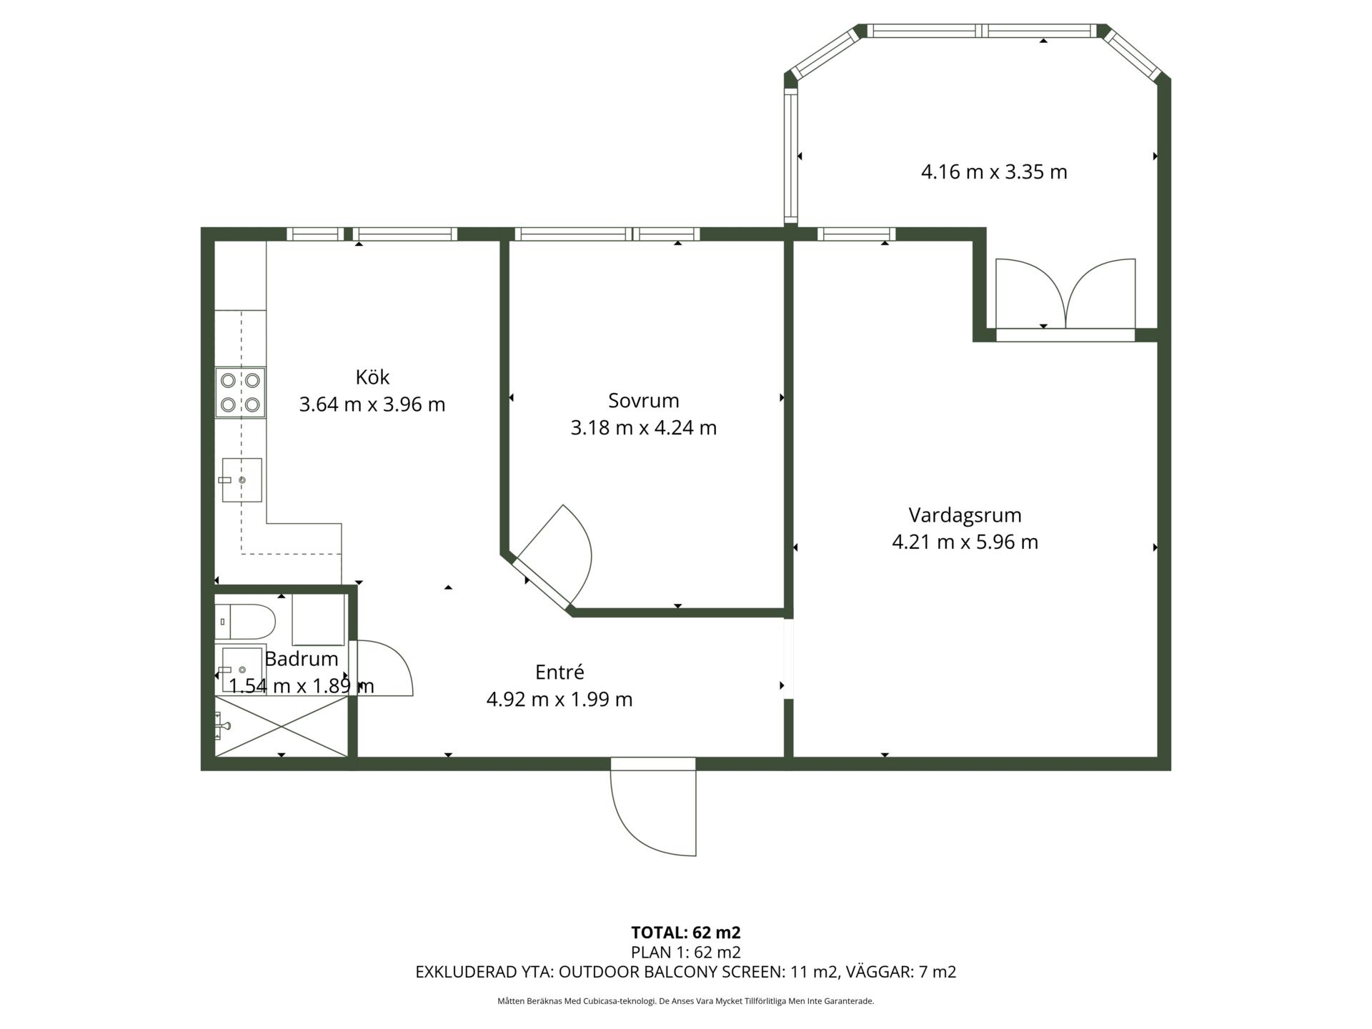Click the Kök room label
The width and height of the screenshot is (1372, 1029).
(x=372, y=377)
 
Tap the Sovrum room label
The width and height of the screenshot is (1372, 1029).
(x=643, y=400)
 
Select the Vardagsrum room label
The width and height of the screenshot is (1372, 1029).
(x=965, y=515)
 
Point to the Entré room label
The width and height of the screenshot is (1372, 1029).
(x=560, y=672)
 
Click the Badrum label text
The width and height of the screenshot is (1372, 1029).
(x=301, y=658)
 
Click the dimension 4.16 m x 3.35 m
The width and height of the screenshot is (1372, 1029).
(x=994, y=172)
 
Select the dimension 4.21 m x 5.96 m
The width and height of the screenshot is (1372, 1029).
(x=965, y=542)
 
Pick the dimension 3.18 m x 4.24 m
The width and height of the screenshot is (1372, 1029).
(x=643, y=427)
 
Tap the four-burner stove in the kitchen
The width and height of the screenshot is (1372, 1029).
(x=240, y=392)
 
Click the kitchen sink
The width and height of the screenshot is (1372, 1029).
(x=242, y=479)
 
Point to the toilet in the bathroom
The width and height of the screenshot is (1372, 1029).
(x=245, y=622)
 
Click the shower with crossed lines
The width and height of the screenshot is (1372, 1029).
(x=281, y=726)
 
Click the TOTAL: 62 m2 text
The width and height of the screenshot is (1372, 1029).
(x=686, y=933)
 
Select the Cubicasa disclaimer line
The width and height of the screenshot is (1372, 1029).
(x=686, y=1001)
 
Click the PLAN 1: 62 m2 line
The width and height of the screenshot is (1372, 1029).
(x=686, y=953)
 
